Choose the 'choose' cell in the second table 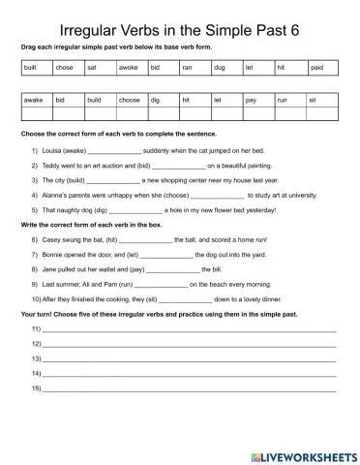coord(129,100)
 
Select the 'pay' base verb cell coord(251,100)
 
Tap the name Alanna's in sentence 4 coord(54,194)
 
